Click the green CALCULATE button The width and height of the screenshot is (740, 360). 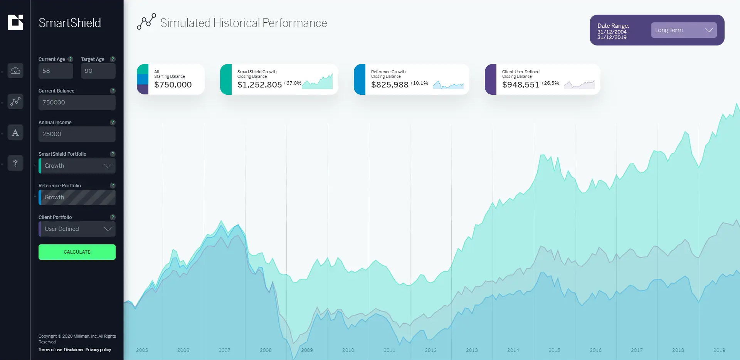[x=77, y=252]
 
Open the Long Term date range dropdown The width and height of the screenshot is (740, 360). [x=684, y=30]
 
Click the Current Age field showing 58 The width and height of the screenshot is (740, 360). [x=55, y=71]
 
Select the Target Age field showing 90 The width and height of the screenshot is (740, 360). [x=98, y=71]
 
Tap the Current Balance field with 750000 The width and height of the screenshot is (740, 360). [x=77, y=103]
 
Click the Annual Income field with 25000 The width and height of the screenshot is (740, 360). [x=77, y=134]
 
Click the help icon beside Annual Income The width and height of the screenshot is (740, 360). [x=113, y=123]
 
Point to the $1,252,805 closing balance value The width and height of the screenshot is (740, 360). [x=259, y=85]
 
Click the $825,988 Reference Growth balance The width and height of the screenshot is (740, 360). [x=390, y=85]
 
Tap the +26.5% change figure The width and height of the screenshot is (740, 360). [x=550, y=83]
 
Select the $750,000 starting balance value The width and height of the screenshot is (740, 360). [x=173, y=85]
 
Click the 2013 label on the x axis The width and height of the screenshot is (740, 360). [x=472, y=350]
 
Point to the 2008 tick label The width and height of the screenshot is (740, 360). [x=266, y=350]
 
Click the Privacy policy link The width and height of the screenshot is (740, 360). [x=98, y=350]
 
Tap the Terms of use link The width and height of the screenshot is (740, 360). [x=50, y=350]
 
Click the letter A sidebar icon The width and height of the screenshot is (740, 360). [x=15, y=133]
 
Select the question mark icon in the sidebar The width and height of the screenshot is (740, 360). [x=15, y=163]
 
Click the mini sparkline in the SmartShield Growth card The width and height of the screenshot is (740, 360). [x=318, y=82]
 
